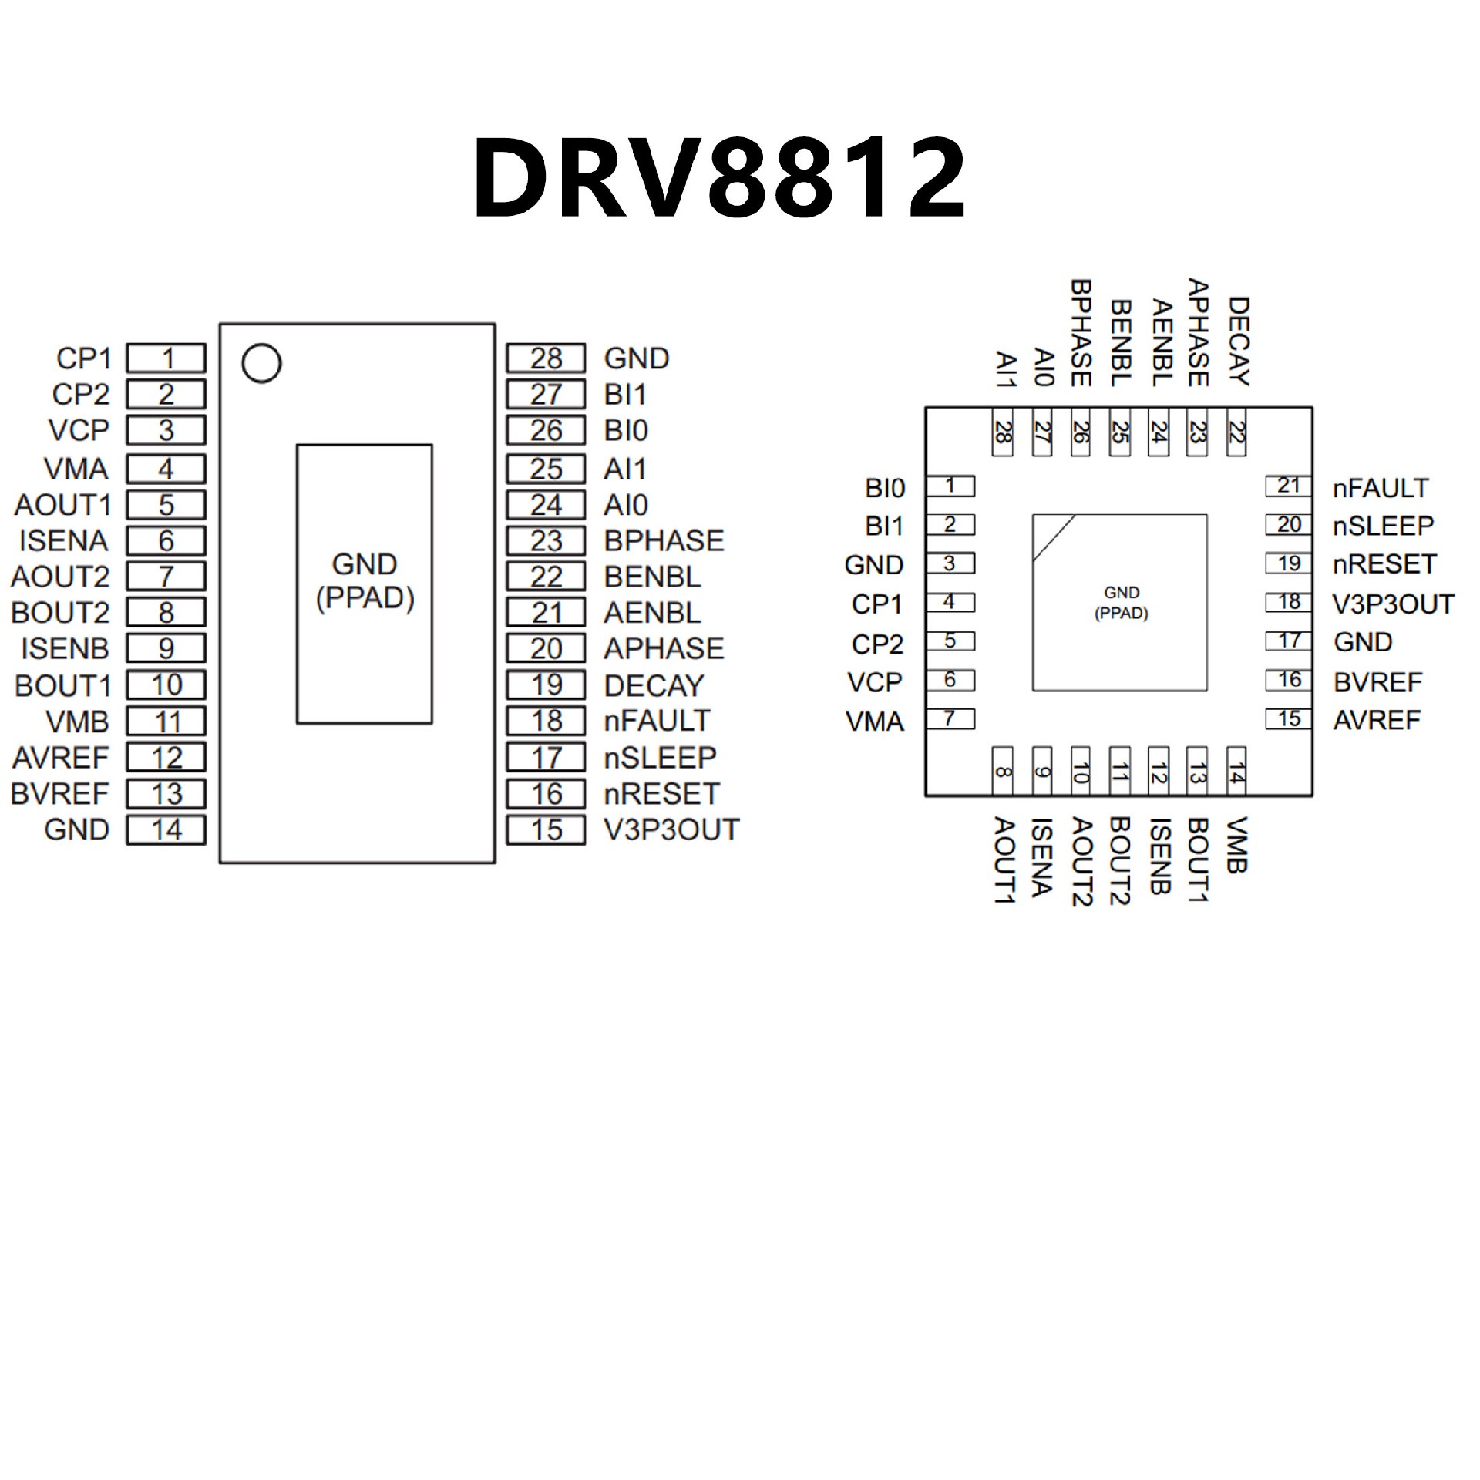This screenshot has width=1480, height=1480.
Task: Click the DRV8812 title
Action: [x=718, y=179]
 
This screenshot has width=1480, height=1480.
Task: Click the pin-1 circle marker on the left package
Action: [x=261, y=363]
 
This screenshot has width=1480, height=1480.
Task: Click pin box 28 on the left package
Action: [x=546, y=358]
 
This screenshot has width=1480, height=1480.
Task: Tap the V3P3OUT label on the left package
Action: [x=671, y=829]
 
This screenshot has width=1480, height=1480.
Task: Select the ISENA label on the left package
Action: [x=64, y=540]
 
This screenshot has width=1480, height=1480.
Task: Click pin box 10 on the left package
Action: [x=166, y=684]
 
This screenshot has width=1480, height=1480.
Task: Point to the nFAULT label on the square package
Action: [x=1381, y=487]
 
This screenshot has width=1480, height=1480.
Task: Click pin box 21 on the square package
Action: [x=1288, y=486]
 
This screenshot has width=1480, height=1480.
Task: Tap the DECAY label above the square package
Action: [x=1236, y=341]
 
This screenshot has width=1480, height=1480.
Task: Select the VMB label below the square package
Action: [x=1236, y=845]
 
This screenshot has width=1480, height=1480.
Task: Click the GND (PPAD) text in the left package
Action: [x=365, y=581]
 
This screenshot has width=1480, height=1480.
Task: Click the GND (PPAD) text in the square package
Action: [x=1121, y=603]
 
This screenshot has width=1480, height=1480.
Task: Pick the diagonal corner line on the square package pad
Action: [x=1053, y=538]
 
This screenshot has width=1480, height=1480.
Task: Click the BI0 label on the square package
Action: [x=885, y=488]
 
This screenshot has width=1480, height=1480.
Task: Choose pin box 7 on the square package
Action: [x=950, y=719]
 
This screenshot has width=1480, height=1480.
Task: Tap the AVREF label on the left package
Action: [x=61, y=758]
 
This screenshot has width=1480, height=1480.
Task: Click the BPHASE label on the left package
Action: [x=664, y=540]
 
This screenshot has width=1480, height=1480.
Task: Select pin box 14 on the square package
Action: [x=1236, y=768]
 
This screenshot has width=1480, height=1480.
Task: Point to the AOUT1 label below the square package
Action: [x=1004, y=860]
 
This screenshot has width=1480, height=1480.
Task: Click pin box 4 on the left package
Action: [x=166, y=469]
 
